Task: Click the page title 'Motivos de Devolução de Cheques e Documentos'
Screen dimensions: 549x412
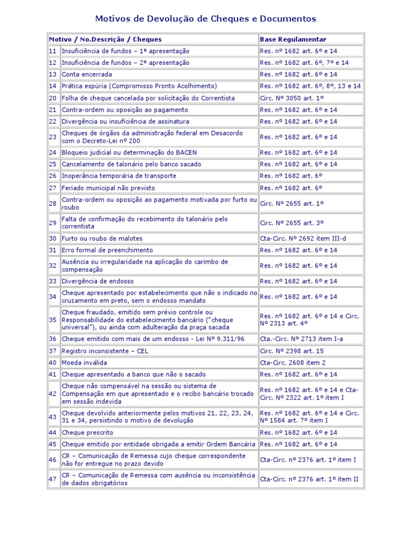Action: click(x=205, y=19)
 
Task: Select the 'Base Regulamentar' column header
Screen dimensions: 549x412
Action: click(x=293, y=39)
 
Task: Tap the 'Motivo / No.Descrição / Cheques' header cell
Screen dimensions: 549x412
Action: click(x=105, y=39)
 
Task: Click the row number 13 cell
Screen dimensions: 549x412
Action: click(x=53, y=75)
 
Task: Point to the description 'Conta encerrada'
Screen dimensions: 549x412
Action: click(x=87, y=75)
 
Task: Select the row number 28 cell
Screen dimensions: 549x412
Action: click(x=53, y=204)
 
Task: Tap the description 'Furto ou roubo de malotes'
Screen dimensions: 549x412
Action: click(x=102, y=239)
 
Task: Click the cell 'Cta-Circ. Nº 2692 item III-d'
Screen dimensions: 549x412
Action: click(x=304, y=239)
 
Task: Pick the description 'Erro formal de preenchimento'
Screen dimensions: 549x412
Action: click(x=107, y=250)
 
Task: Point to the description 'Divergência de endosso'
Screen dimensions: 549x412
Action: click(x=98, y=281)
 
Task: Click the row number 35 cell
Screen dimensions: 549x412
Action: click(x=53, y=320)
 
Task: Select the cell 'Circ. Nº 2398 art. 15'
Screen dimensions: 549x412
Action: click(x=292, y=351)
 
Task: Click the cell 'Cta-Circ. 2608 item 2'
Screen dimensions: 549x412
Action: click(x=293, y=363)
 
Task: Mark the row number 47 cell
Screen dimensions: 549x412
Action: click(x=53, y=479)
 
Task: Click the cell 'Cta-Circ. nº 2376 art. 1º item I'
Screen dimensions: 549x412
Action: click(x=308, y=460)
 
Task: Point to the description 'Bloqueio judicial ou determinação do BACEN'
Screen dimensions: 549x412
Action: click(x=129, y=153)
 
